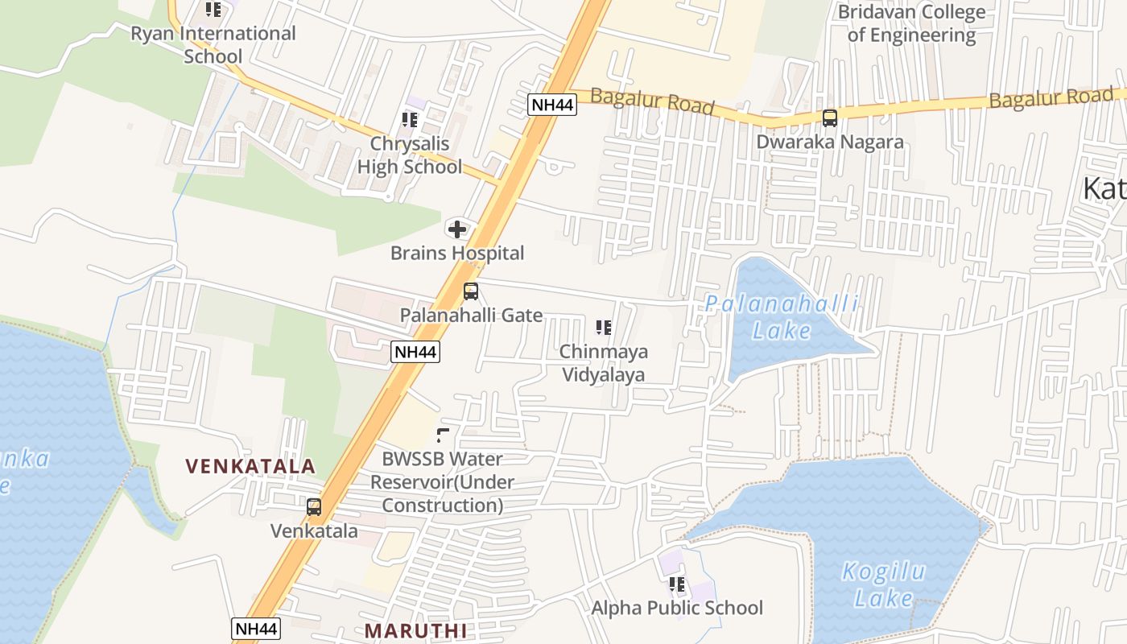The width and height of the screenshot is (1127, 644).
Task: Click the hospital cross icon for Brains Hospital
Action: [x=457, y=229]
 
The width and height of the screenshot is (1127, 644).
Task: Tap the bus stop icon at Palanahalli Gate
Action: [x=471, y=291]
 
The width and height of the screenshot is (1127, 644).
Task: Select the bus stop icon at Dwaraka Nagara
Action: [x=830, y=118]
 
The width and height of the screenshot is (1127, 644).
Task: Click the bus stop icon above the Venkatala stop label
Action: [x=314, y=507]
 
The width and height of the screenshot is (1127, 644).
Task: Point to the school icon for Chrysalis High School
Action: [x=410, y=120]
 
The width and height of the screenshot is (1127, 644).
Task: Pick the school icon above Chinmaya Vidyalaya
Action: [x=604, y=328]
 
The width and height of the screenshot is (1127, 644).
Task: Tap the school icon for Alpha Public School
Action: [x=677, y=584]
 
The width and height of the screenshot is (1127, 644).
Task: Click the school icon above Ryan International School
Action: [x=213, y=10]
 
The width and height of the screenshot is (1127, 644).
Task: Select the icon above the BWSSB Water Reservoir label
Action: [x=442, y=436]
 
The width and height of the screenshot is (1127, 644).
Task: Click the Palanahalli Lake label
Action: [x=782, y=317]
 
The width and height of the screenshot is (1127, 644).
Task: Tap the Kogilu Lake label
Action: [x=883, y=584]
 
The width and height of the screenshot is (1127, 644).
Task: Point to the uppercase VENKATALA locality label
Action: [x=250, y=466]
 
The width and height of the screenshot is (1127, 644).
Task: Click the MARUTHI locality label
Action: [x=415, y=630]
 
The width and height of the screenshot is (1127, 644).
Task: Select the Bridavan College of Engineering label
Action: [x=911, y=23]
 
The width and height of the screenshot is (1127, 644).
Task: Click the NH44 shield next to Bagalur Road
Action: [x=552, y=104]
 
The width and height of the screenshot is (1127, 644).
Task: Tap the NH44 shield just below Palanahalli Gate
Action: [x=415, y=352]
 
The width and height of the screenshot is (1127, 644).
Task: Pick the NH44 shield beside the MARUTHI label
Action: [x=256, y=629]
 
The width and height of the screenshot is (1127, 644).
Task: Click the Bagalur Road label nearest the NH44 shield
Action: [x=652, y=101]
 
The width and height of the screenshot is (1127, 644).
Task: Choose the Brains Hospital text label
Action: [x=457, y=253]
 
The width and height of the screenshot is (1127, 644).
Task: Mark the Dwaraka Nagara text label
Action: [x=830, y=142]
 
